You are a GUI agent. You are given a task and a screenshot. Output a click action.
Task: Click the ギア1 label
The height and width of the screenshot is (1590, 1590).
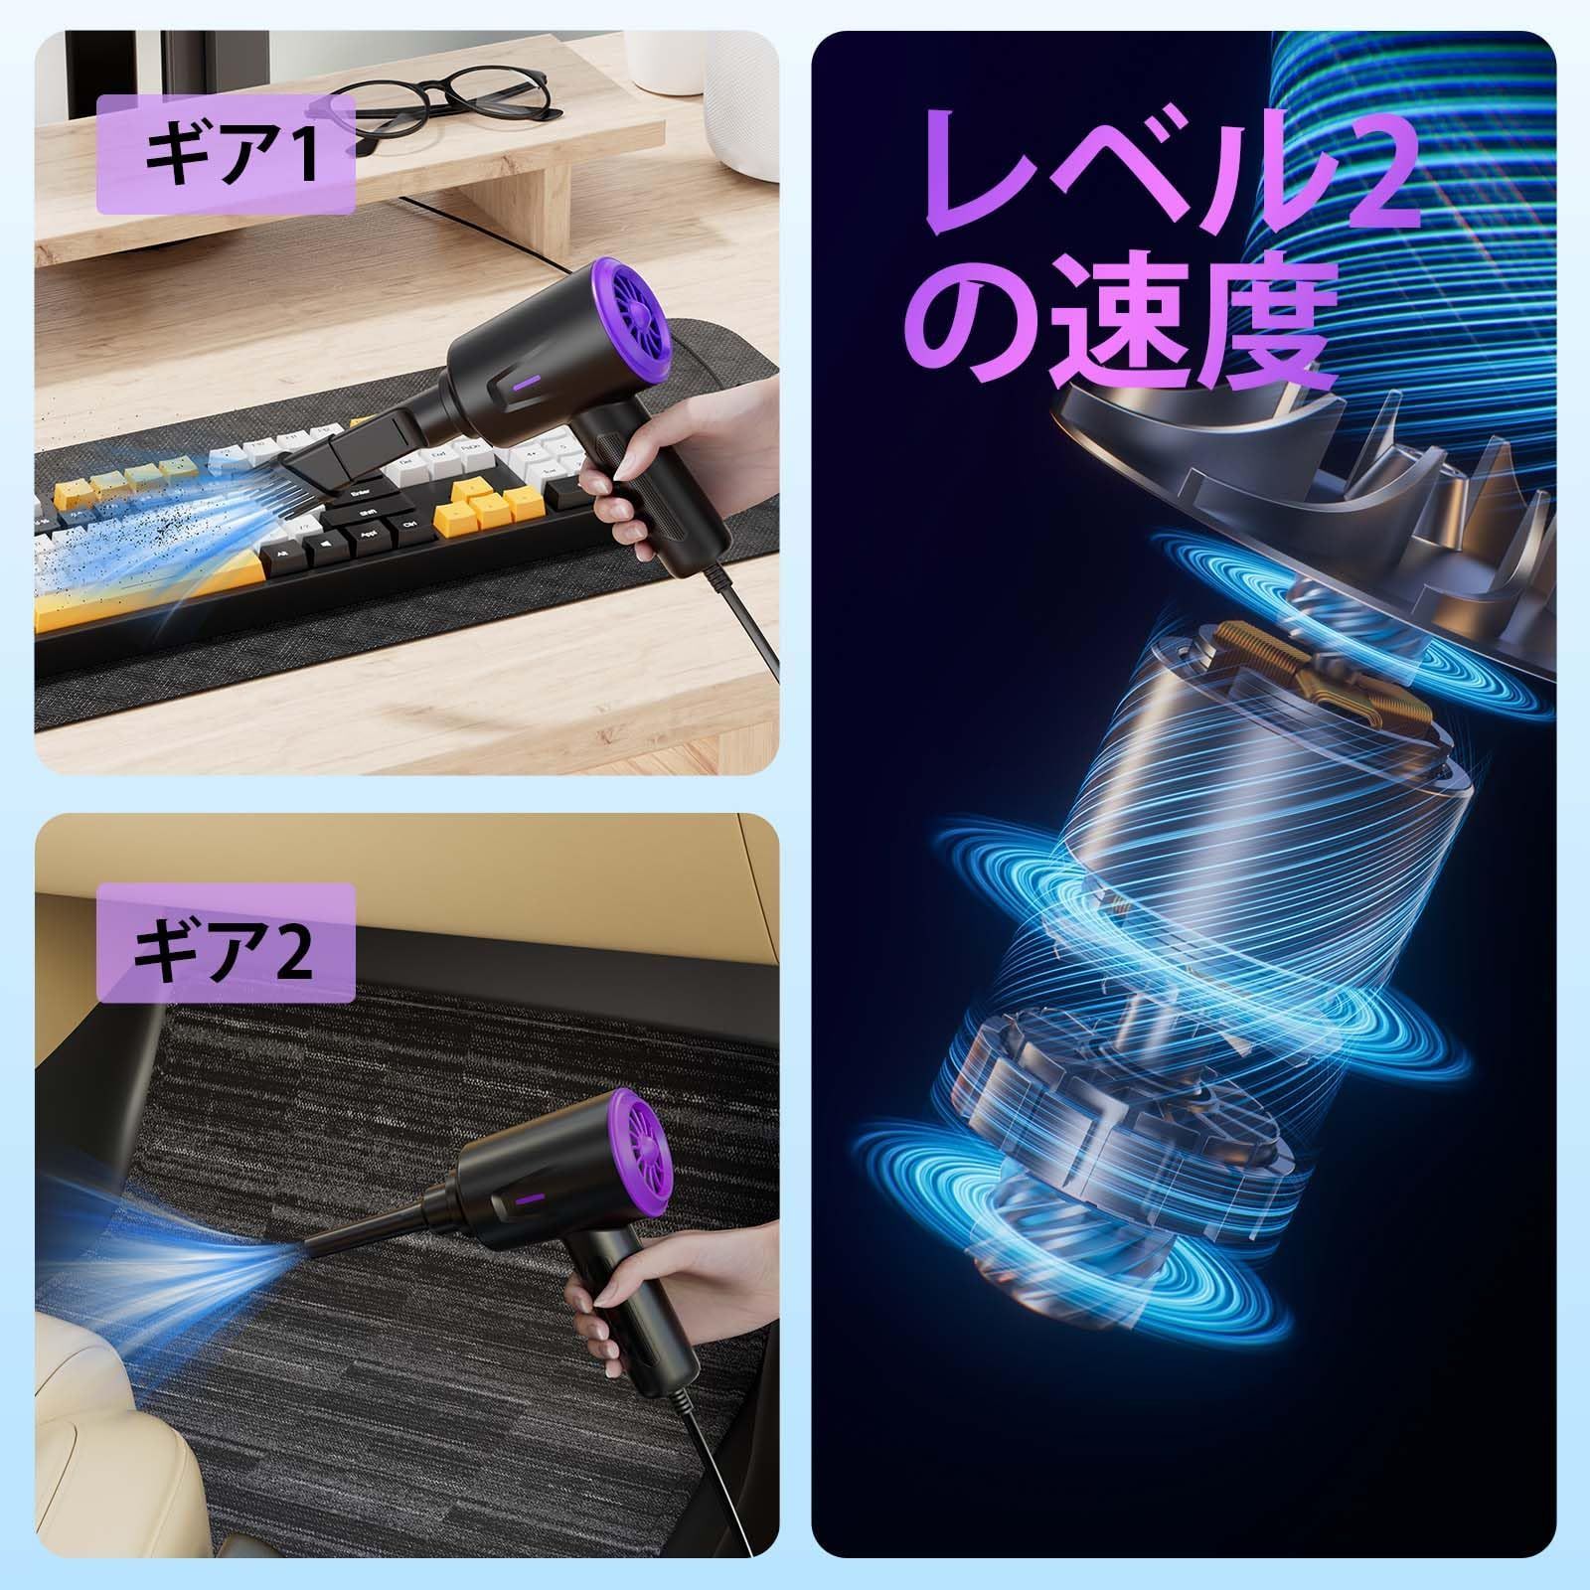(226, 156)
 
